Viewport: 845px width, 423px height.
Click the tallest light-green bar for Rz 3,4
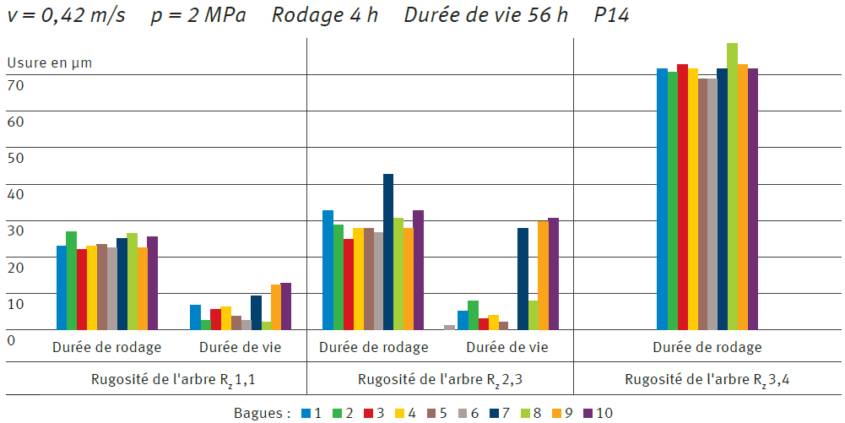click(x=732, y=186)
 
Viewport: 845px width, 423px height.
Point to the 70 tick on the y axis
click(x=16, y=84)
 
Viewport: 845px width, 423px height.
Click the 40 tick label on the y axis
click(x=16, y=193)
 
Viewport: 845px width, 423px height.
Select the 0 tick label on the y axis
click(x=12, y=339)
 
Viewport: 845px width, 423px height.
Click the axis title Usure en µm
click(x=50, y=62)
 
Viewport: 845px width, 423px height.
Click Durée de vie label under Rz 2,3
click(x=506, y=347)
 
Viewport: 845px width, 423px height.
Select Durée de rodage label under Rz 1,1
click(x=106, y=347)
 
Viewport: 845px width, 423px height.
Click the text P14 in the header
click(x=611, y=16)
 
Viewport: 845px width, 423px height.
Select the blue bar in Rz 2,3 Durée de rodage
click(x=328, y=270)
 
